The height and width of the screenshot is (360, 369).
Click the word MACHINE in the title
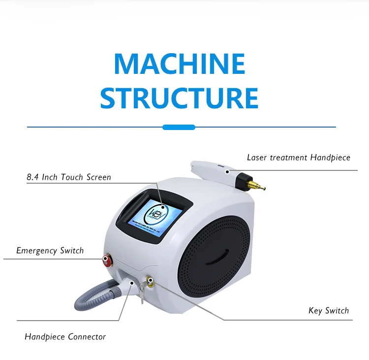tap(179, 64)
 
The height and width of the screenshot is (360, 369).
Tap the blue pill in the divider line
tap(179, 127)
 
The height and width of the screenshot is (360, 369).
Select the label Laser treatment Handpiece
tap(299, 158)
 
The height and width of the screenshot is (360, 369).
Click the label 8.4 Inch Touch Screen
tap(69, 177)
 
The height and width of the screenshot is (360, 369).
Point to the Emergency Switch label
tap(50, 251)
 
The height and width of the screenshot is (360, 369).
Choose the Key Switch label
tap(329, 310)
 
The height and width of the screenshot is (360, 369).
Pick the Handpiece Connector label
tap(65, 337)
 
